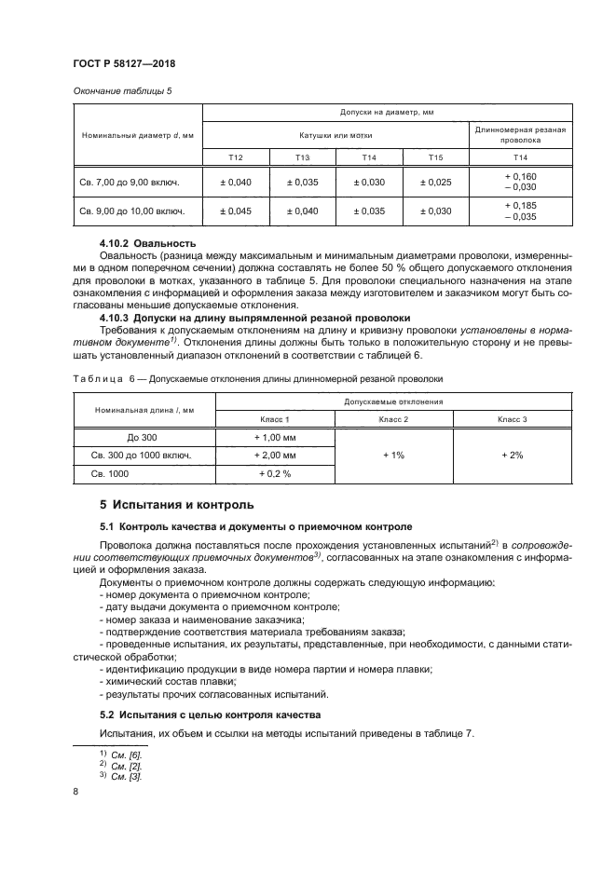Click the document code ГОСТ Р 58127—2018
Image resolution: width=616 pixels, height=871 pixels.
point(123,63)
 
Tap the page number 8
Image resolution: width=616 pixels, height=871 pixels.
point(75,791)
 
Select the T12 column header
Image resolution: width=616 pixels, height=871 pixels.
point(236,157)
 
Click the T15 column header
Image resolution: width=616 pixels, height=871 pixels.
point(435,157)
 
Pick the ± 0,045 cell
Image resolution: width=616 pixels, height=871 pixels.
point(236,211)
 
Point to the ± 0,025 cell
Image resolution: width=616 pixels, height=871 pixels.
point(435,182)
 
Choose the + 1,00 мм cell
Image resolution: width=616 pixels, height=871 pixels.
point(274,437)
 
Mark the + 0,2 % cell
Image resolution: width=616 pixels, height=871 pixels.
point(274,473)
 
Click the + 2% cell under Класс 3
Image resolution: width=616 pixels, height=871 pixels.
point(512,455)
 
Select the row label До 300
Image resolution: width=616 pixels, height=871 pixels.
point(144,437)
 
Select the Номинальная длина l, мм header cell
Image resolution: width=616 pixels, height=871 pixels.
point(144,410)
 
